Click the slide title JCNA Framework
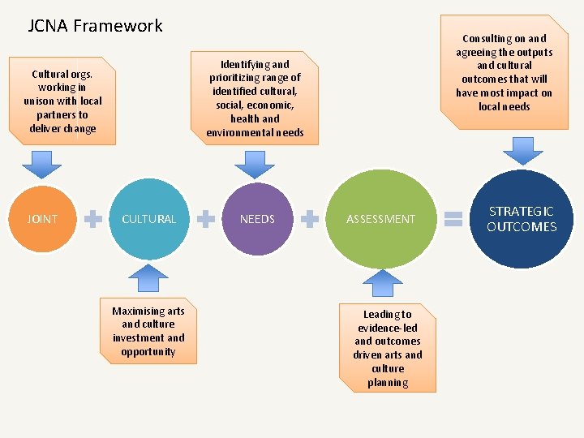tap(96, 26)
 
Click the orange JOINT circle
tap(41, 218)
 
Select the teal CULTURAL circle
tap(148, 218)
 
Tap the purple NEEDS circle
tap(257, 218)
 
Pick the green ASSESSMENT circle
tap(380, 218)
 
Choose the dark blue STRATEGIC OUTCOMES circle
tap(522, 218)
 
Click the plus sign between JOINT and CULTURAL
tap(94, 218)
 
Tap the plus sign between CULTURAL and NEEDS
tap(207, 218)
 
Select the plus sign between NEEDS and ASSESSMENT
tap(310, 218)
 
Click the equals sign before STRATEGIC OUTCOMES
tap(454, 218)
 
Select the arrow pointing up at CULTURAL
tap(148, 277)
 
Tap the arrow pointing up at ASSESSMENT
tap(381, 283)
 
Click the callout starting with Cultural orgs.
tap(62, 101)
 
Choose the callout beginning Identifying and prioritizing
tap(255, 97)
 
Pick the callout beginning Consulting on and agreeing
tap(504, 72)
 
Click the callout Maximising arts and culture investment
tap(148, 331)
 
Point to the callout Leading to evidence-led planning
tap(388, 347)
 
